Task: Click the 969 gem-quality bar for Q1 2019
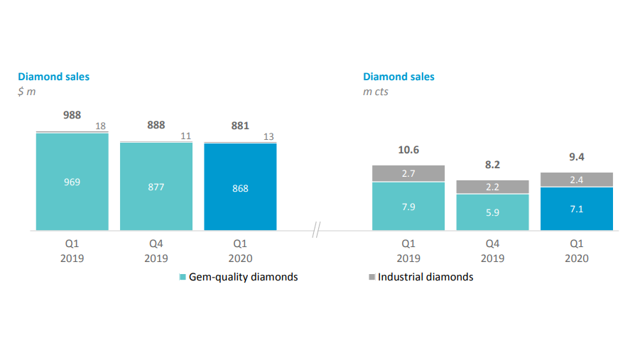pos(72,182)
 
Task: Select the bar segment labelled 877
pos(156,187)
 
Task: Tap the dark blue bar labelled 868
pos(240,188)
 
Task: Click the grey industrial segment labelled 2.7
pos(408,173)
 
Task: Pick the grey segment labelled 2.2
pos(492,187)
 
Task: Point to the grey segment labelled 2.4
pos(576,180)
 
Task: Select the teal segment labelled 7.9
pos(408,207)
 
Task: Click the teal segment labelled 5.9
pos(492,212)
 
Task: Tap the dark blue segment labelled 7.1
pos(576,209)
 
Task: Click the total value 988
pos(72,114)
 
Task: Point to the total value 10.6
pos(408,150)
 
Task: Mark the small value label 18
pos(101,126)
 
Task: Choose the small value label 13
pos(269,136)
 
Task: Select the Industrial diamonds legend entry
pos(421,277)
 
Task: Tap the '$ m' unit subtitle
pos(27,92)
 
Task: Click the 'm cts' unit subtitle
pos(376,92)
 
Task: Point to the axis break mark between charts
pos(317,231)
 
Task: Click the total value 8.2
pos(492,164)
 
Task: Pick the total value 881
pos(240,126)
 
